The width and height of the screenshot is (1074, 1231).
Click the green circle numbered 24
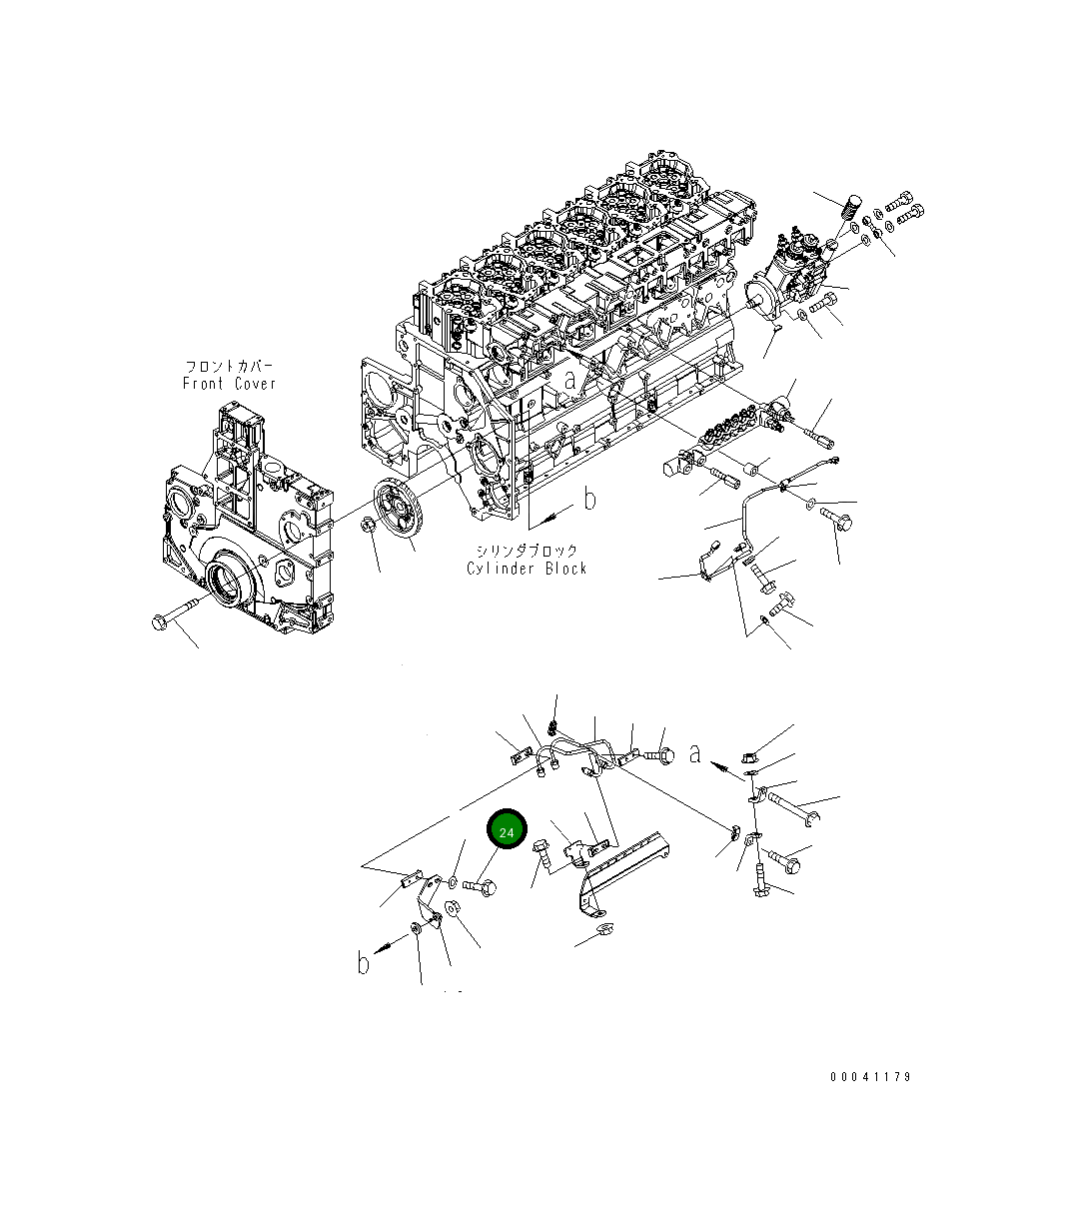click(507, 831)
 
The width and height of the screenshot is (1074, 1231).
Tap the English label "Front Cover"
click(229, 384)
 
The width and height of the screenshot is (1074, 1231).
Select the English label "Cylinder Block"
click(527, 569)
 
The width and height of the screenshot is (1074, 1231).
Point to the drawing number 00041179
click(870, 1077)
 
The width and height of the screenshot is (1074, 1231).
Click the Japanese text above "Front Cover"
click(228, 367)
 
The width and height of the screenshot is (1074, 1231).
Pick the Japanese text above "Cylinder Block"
click(527, 552)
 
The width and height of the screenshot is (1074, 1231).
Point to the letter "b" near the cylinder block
click(589, 499)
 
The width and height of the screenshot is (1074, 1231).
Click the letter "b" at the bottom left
click(365, 963)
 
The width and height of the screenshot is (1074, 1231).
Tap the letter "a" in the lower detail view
click(695, 752)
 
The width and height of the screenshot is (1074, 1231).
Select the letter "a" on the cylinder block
click(569, 380)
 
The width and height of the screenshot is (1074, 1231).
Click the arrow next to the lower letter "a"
click(721, 767)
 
